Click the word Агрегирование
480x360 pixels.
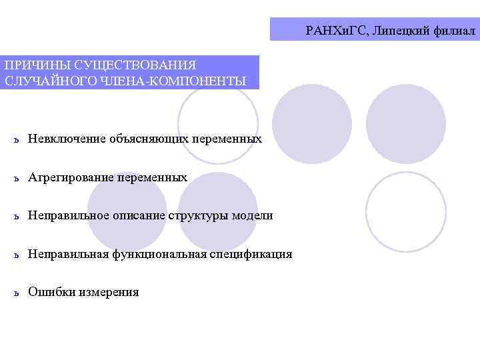(x=71, y=177)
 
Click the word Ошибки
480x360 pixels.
(x=50, y=292)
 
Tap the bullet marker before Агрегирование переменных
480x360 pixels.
(x=17, y=179)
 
